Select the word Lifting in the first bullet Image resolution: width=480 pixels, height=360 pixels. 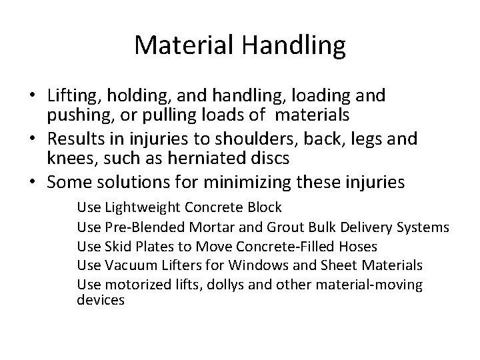coord(69,96)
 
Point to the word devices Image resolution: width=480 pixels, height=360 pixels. coord(101,301)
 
